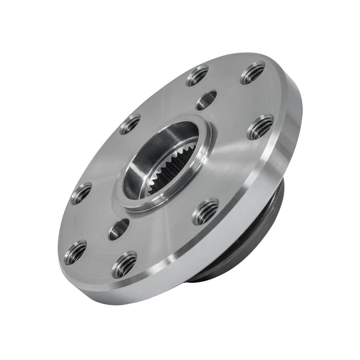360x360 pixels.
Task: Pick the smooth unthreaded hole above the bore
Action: tap(206, 100)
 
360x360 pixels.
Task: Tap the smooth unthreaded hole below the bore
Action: tap(119, 229)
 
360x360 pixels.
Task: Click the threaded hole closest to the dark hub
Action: tap(205, 211)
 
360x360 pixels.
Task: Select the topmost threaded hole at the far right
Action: tap(253, 73)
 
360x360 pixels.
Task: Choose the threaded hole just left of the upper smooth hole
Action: tap(197, 76)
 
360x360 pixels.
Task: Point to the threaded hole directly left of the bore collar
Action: tap(130, 124)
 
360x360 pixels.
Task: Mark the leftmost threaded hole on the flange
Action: tap(81, 193)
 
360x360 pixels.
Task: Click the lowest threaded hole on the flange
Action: tap(124, 265)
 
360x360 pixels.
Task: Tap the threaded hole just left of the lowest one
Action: tap(75, 252)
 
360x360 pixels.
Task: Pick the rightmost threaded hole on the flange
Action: tap(261, 127)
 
